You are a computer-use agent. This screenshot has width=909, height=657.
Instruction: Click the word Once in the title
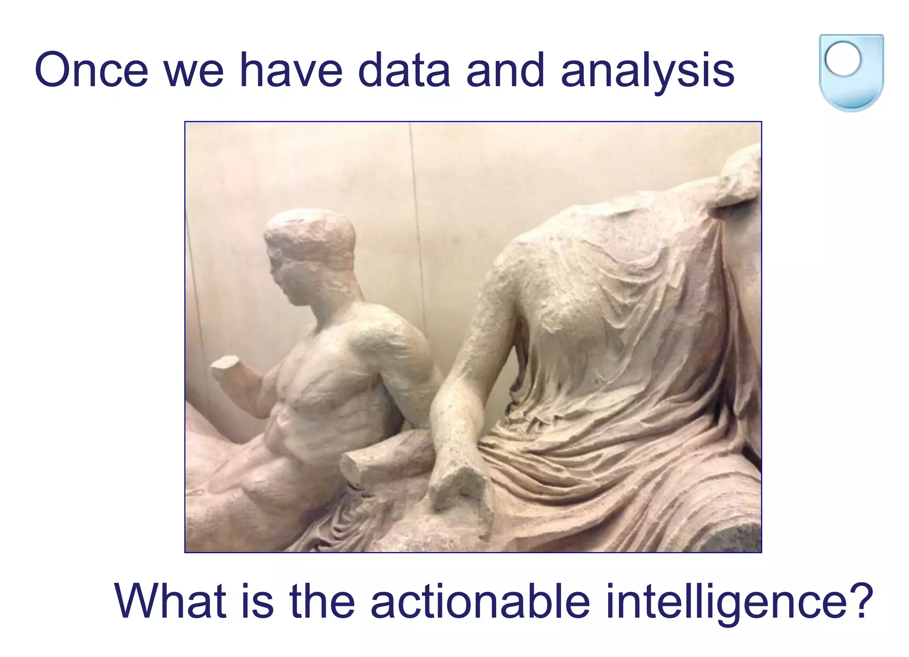(x=91, y=70)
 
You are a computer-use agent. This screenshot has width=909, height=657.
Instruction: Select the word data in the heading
(x=404, y=70)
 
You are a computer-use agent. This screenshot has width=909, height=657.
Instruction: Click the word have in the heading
(x=291, y=70)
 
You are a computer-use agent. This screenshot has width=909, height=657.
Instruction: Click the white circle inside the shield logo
(x=843, y=59)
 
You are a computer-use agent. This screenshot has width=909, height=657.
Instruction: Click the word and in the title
(x=505, y=70)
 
